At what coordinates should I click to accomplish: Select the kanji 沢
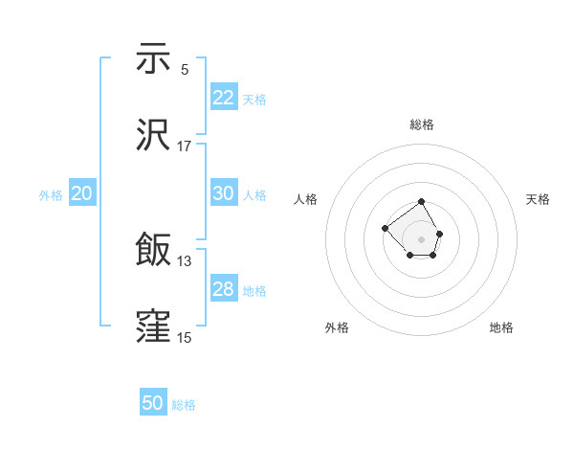pos(153,134)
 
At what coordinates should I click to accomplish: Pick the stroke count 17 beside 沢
pos(185,146)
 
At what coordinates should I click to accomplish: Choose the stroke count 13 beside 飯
pos(185,260)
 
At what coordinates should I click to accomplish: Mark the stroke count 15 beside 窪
pos(185,337)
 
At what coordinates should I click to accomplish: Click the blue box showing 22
pos(223,98)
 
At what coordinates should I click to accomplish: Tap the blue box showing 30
pos(223,193)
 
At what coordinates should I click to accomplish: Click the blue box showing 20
pos(81,193)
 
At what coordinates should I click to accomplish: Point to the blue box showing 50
pos(153,403)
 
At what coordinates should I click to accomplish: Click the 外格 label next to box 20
pos(51,195)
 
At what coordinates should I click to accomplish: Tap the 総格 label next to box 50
pos(184,405)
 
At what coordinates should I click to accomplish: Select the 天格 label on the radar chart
pos(538,199)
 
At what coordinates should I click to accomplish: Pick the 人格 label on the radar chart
pos(306,199)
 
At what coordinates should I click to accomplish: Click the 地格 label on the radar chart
pos(501,327)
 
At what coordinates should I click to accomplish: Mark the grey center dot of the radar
pos(421,238)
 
